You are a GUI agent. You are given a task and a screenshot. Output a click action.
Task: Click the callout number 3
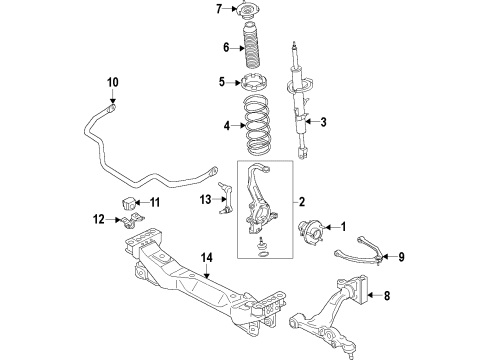pyautogui.click(x=324, y=122)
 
